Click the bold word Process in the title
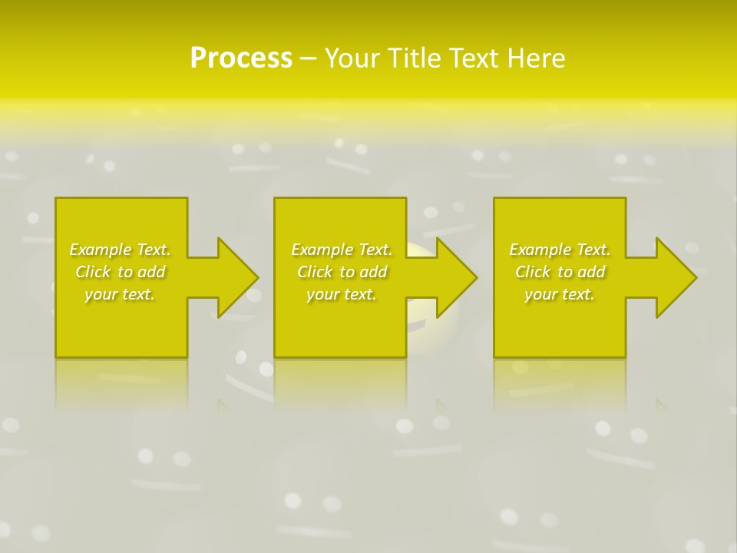pyautogui.click(x=241, y=58)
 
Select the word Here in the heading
pyautogui.click(x=536, y=58)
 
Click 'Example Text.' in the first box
pyautogui.click(x=120, y=250)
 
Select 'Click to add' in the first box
pyautogui.click(x=120, y=272)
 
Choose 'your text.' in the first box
pyautogui.click(x=120, y=294)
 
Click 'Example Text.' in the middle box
pyautogui.click(x=342, y=250)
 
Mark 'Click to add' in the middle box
pyautogui.click(x=342, y=272)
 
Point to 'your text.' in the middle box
pyautogui.click(x=342, y=294)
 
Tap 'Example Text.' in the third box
pyautogui.click(x=560, y=250)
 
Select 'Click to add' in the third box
pyautogui.click(x=560, y=272)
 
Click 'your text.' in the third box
pyautogui.click(x=560, y=294)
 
